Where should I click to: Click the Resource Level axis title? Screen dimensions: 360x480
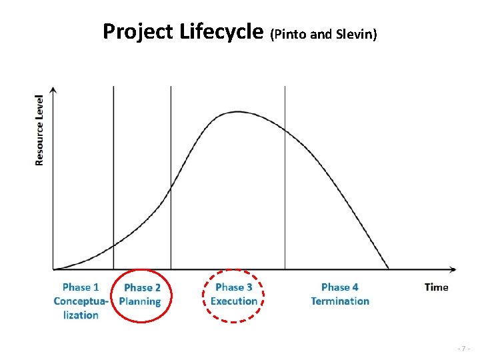coord(39,129)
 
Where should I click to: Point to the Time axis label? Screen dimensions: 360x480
coord(436,287)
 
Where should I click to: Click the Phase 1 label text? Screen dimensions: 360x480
coord(80,287)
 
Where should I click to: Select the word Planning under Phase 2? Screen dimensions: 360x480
coord(140,301)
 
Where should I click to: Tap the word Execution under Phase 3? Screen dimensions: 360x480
coord(234,301)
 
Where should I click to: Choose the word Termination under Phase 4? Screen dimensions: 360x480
coord(340,301)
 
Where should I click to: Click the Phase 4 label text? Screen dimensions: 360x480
coord(340,287)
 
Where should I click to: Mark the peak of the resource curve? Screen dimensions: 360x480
coord(237,112)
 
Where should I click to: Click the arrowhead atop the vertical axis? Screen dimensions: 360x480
coord(53,89)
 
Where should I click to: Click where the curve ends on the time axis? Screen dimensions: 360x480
coord(389,269)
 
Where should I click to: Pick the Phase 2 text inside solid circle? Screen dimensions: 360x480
coord(142,288)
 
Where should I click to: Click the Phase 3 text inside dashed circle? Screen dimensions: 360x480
coord(234,287)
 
